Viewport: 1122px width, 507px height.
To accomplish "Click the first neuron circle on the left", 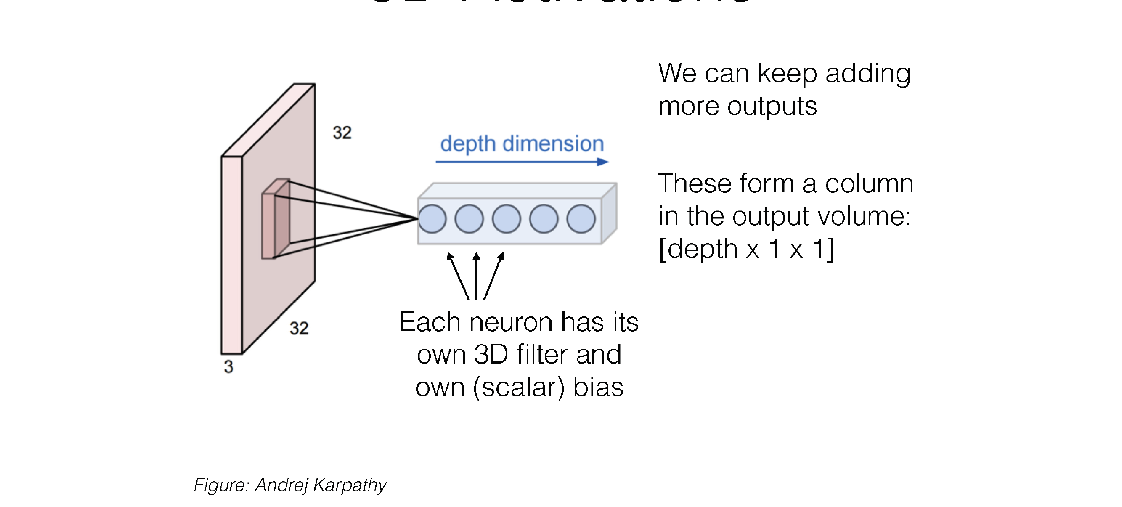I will click(x=432, y=219).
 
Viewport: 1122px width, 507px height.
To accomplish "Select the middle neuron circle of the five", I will click(x=506, y=219).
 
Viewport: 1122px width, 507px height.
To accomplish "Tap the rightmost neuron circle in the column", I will click(x=581, y=219).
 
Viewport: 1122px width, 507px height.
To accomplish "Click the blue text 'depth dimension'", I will click(x=522, y=144).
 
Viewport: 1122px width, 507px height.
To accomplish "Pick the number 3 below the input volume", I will click(x=229, y=367).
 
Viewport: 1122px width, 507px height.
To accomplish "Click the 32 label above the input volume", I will click(x=342, y=133).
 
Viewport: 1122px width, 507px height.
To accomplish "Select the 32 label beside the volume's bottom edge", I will click(x=299, y=329).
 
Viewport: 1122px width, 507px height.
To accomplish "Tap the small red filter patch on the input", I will click(x=275, y=220).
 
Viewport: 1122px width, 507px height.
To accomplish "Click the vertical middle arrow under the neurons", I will click(x=477, y=276).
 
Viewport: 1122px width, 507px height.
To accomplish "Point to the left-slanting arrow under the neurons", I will click(x=458, y=276).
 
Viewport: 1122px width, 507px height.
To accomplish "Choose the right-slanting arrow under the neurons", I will click(x=494, y=276).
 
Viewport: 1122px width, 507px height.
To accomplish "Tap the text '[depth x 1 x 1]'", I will click(x=745, y=249).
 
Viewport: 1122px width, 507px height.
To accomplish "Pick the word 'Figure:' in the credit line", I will click(x=221, y=485).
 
